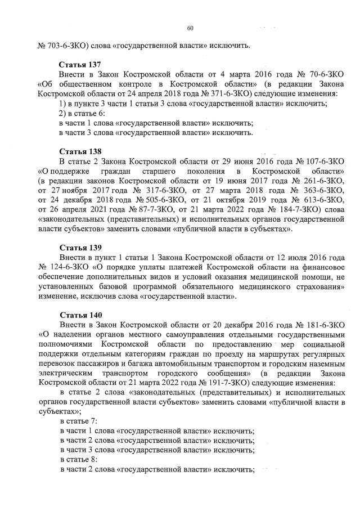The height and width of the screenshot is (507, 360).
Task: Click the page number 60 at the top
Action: click(x=190, y=28)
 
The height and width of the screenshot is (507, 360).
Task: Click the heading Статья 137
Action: click(x=79, y=65)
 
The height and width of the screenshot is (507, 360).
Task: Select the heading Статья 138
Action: click(x=79, y=152)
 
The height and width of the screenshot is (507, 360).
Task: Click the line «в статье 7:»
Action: click(x=78, y=420)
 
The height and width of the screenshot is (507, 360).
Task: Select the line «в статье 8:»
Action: click(x=78, y=459)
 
